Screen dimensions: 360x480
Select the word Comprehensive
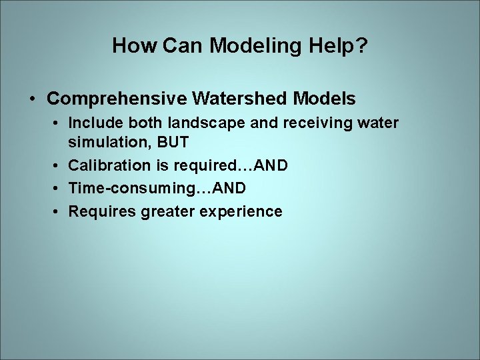pos(117,99)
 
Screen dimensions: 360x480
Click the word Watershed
pos(240,99)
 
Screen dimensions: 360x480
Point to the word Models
pos(325,99)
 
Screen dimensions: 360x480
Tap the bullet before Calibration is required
pos(59,165)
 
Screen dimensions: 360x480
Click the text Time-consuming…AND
pos(157,188)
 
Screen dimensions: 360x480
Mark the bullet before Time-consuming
pos(59,189)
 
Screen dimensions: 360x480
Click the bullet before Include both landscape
pos(59,124)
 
